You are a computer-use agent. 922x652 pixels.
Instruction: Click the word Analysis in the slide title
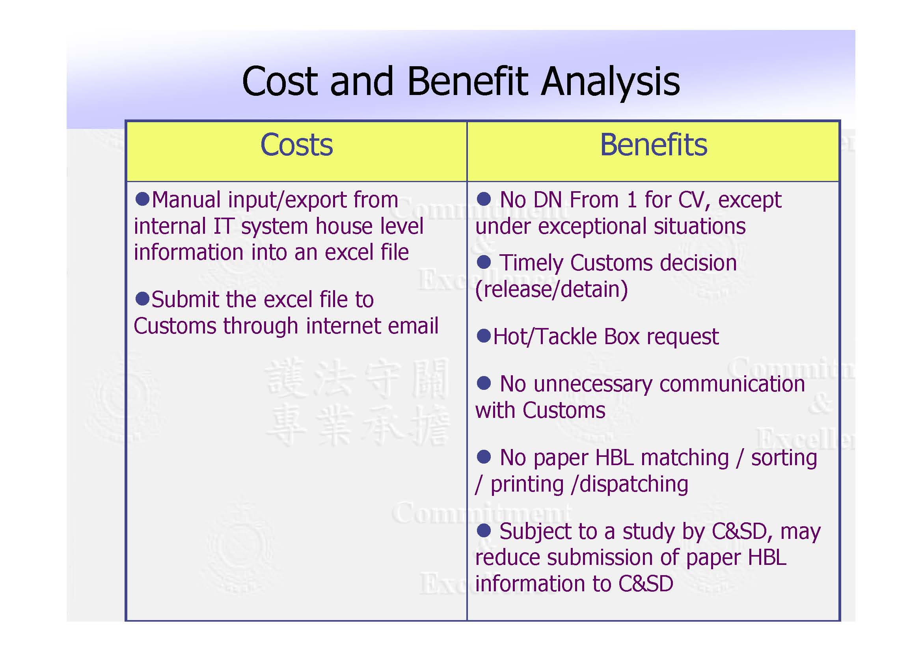click(610, 82)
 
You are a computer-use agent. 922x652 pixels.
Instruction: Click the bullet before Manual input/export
click(142, 198)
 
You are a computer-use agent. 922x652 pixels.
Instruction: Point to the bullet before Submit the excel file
click(142, 298)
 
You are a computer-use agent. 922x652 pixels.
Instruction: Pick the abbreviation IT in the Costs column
click(223, 226)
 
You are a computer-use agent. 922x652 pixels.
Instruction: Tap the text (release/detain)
click(551, 289)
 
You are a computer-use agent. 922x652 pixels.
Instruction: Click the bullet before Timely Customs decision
click(484, 262)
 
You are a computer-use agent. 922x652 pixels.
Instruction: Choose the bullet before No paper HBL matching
click(484, 456)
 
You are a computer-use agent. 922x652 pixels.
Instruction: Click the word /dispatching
click(630, 484)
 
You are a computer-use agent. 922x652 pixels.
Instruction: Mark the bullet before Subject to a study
click(484, 530)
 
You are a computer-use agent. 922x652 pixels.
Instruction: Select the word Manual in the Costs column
click(186, 200)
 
